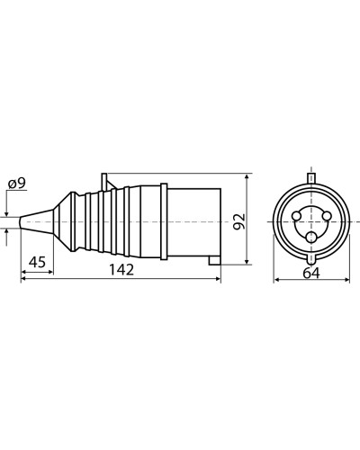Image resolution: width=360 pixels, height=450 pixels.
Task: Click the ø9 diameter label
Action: (x=17, y=184)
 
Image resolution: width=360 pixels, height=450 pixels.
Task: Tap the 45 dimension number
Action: (x=37, y=262)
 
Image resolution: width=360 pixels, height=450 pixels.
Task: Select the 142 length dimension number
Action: (x=121, y=269)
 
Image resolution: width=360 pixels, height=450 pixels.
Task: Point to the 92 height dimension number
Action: (x=239, y=221)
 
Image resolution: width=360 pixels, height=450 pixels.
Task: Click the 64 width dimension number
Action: (x=311, y=273)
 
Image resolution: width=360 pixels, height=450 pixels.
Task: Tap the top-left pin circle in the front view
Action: (x=296, y=216)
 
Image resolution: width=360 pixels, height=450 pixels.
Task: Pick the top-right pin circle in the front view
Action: (x=327, y=216)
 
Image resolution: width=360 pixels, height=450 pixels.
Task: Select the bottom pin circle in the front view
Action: (x=311, y=238)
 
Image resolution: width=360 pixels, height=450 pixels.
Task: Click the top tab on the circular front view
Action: (x=311, y=178)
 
